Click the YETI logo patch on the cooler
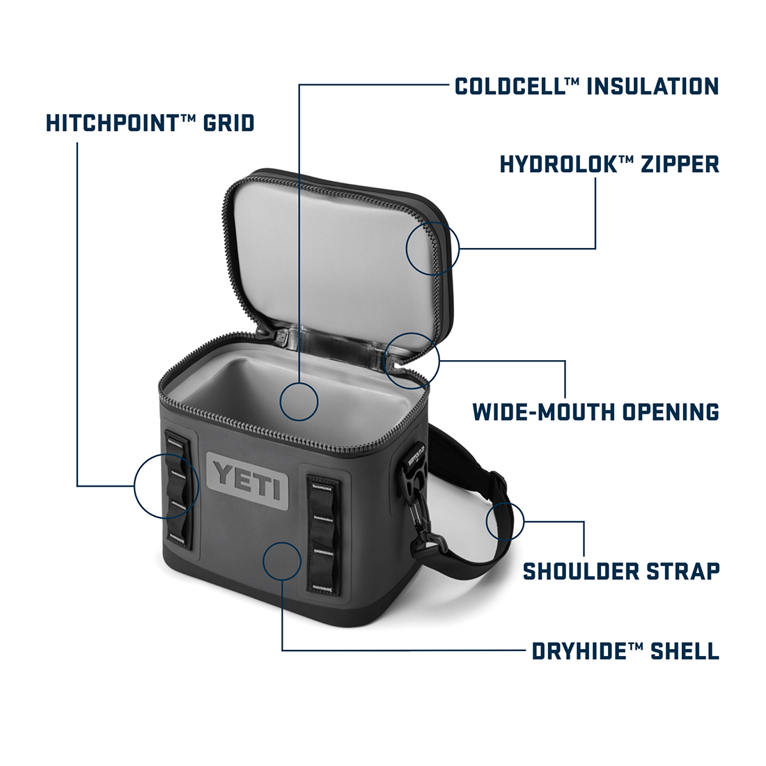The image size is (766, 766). tap(247, 481)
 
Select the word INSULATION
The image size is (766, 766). tap(652, 86)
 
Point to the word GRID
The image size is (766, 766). tap(228, 123)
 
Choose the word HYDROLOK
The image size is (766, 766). tap(554, 164)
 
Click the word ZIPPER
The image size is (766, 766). tap(680, 164)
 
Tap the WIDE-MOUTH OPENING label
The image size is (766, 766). tap(596, 412)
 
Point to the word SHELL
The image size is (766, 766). tap(685, 651)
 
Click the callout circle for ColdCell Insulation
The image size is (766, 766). tap(299, 402)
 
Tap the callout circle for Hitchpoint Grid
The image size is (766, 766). tap(166, 485)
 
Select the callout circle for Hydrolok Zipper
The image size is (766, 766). tap(433, 248)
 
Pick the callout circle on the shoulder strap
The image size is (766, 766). tap(505, 522)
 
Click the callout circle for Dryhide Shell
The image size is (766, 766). tap(282, 561)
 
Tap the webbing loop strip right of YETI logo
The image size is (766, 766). tap(323, 534)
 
